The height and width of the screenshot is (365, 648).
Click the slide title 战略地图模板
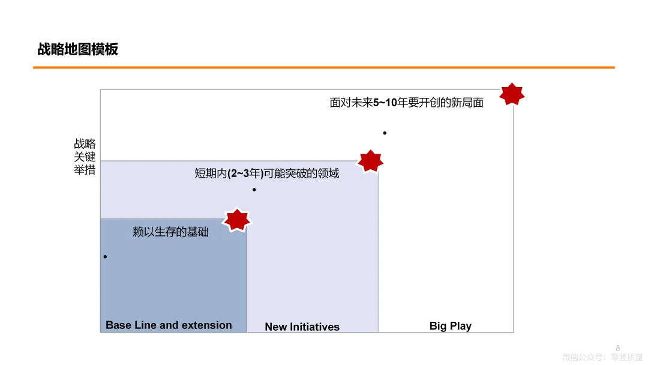pos(77,49)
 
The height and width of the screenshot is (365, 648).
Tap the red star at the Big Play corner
pos(512,94)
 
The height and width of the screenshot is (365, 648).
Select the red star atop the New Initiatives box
pos(370,161)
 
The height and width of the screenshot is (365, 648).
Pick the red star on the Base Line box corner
pos(236,220)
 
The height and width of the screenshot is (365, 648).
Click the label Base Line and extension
pos(169,325)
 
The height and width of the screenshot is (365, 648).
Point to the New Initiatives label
pos(302,327)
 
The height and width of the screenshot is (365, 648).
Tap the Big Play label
pos(450,326)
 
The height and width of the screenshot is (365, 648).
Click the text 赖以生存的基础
pos(170,232)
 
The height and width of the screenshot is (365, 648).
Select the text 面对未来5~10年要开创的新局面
pos(406,103)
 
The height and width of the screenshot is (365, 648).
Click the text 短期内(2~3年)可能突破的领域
pos(266,173)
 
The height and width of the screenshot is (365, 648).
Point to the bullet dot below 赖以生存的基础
pos(105,257)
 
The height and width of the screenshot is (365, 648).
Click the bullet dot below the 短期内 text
pos(254,190)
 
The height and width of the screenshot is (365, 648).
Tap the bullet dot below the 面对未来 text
pos(385,133)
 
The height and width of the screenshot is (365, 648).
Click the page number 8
pos(618,347)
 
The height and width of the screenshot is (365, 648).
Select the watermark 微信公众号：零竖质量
pos(602,357)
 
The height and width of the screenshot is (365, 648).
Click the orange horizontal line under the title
pos(324,68)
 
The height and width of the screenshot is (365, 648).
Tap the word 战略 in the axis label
pos(85,144)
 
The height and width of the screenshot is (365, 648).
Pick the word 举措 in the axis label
pos(85,170)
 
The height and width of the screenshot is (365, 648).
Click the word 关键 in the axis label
pos(85,157)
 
